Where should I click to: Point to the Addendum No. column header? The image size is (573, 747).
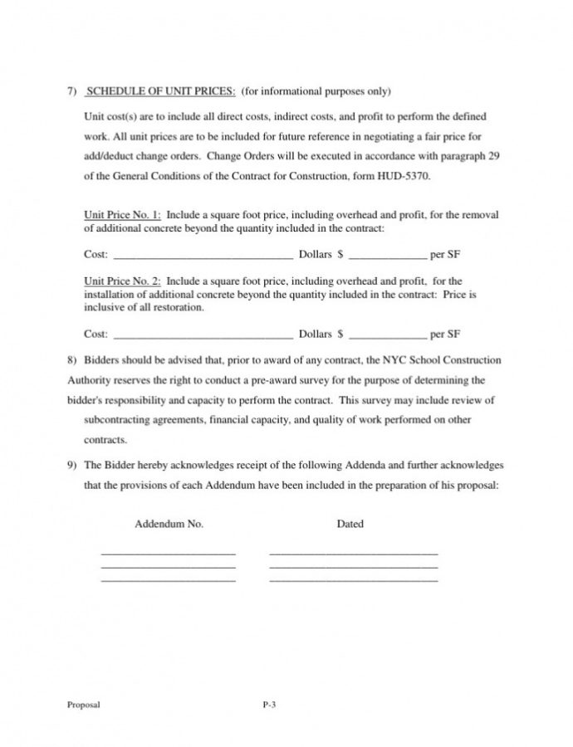coord(169,525)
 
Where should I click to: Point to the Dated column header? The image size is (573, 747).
coord(350,525)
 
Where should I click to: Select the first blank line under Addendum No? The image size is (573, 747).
coord(168,553)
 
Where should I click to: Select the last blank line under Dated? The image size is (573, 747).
coord(354,579)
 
